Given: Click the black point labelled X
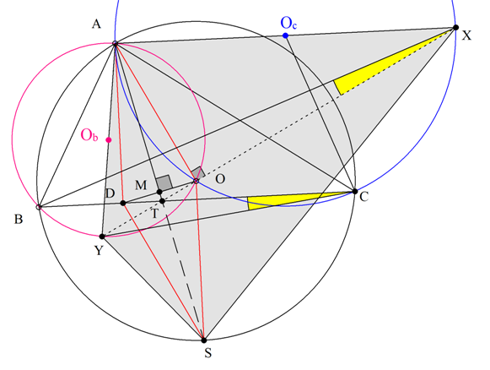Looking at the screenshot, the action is pos(455,28).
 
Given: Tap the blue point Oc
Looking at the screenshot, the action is pos(285,35).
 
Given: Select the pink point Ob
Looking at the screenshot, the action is pos(109,140).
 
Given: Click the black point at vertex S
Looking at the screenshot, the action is pos(204,340).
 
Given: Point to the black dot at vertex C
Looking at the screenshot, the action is pos(355,191).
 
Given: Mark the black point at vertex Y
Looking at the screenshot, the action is pos(102,237).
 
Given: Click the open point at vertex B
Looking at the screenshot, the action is pos(39,207).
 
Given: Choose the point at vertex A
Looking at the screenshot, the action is pos(115,44).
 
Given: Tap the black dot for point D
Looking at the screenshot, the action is pos(123,203).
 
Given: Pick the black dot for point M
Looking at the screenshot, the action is pos(159,192).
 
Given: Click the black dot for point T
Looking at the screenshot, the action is pos(162,201).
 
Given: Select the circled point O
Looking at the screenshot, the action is pos(196,181).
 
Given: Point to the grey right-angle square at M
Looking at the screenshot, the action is pos(164,182).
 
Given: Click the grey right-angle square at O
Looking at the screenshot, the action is pos(198,173).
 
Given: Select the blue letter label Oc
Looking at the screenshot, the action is pos(288,23).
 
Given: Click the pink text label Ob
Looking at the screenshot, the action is pos(89,135).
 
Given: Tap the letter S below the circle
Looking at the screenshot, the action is pos(207,353).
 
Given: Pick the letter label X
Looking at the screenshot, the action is pos(466,35).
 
